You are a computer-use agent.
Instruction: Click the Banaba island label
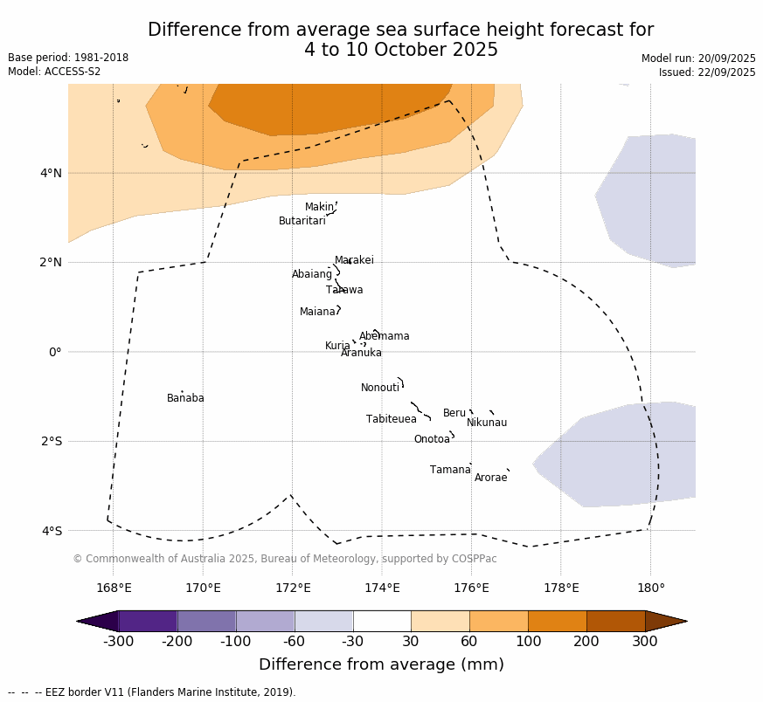[185, 398]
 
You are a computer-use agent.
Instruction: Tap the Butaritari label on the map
[302, 221]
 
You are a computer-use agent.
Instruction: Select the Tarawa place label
[344, 290]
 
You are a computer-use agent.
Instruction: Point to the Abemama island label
[384, 336]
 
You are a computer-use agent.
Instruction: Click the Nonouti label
[380, 388]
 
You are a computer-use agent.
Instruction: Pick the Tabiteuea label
[391, 419]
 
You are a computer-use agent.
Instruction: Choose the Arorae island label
[490, 478]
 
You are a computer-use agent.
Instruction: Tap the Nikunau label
[486, 423]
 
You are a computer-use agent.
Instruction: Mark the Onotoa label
[432, 439]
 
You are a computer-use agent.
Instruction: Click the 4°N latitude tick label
[51, 173]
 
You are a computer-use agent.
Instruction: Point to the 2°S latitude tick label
[52, 441]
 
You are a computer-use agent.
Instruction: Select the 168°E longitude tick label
[114, 588]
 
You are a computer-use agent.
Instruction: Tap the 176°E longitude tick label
[471, 588]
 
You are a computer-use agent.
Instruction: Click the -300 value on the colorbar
[118, 642]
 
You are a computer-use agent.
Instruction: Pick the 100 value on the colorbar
[528, 642]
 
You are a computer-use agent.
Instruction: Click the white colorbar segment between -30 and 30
[382, 621]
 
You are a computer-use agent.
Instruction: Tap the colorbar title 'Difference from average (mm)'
[381, 664]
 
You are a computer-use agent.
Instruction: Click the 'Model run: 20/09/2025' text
[698, 58]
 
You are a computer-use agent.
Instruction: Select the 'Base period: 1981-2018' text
[68, 58]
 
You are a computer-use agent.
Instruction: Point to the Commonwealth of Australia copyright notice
[284, 559]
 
